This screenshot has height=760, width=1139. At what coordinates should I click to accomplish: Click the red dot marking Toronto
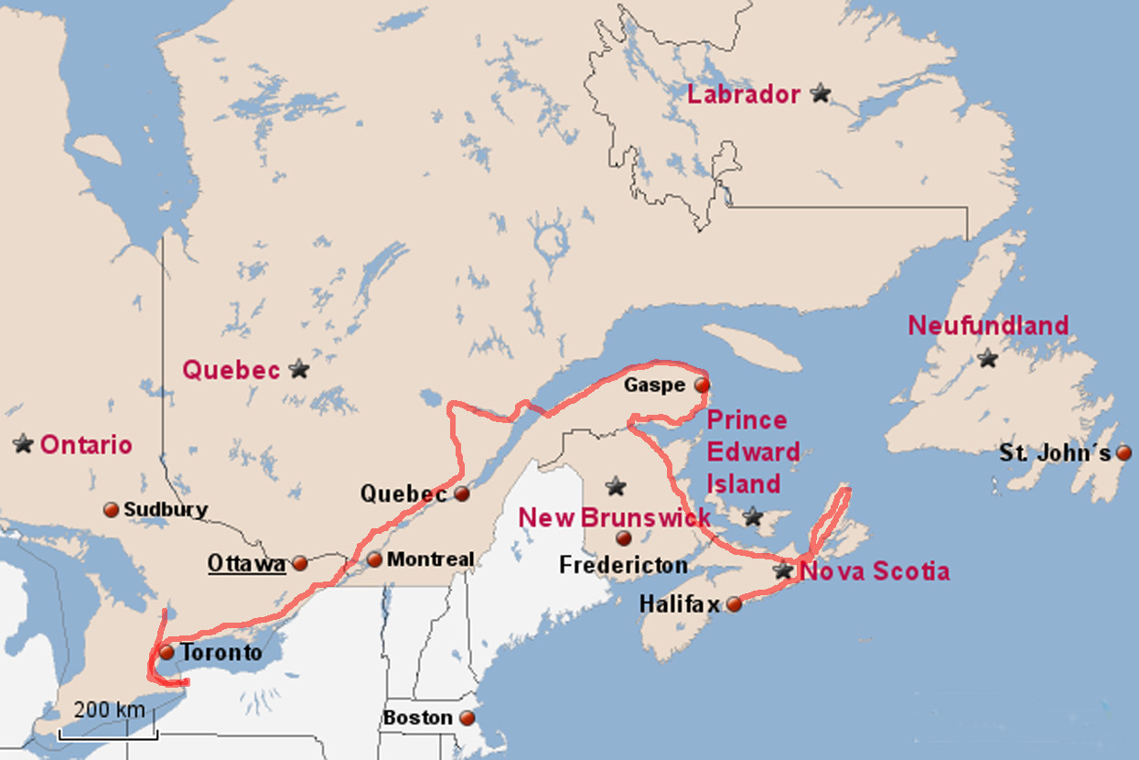click(x=167, y=653)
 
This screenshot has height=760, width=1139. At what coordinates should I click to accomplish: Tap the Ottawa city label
click(x=245, y=563)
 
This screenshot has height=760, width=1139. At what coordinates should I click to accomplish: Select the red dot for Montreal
click(x=374, y=559)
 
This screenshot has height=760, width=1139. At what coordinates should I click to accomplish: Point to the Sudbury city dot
click(x=112, y=509)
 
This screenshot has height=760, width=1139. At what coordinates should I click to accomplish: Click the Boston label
click(x=417, y=718)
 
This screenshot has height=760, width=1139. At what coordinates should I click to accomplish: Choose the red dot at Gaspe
click(x=702, y=385)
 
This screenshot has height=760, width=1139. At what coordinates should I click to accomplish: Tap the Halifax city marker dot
click(x=734, y=603)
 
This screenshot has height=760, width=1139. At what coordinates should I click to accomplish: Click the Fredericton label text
click(x=623, y=565)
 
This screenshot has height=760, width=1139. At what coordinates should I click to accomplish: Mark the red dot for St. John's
click(x=1123, y=453)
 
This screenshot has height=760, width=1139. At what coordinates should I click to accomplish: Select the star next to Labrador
click(x=821, y=92)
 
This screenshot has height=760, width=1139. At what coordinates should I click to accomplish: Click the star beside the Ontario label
click(x=23, y=444)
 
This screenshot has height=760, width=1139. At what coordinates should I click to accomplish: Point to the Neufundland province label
click(x=988, y=325)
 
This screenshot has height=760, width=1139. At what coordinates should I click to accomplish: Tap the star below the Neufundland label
click(x=986, y=359)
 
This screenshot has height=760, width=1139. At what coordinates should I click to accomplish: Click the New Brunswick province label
click(x=615, y=517)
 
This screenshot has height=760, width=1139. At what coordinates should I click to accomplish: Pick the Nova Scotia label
click(x=875, y=572)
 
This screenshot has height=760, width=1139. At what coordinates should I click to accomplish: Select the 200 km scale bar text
click(x=109, y=710)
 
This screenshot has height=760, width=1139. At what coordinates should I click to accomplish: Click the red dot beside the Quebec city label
click(x=462, y=494)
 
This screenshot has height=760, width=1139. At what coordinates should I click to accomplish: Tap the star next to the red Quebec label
click(x=298, y=369)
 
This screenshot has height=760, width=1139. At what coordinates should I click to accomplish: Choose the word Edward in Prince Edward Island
click(x=754, y=452)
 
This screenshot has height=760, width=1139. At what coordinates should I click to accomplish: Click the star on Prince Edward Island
click(x=753, y=516)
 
